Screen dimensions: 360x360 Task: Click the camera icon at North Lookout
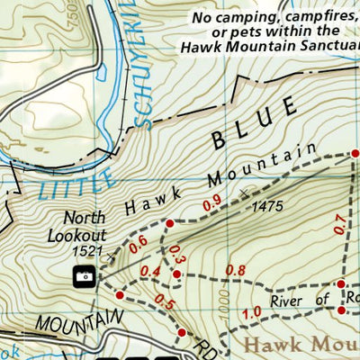pyautogui.click(x=85, y=276)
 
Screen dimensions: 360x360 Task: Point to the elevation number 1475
pyautogui.click(x=267, y=206)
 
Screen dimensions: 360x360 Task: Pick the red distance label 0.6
pyautogui.click(x=138, y=243)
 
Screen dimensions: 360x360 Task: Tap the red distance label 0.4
pyautogui.click(x=150, y=273)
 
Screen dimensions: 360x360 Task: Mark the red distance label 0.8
pyautogui.click(x=235, y=270)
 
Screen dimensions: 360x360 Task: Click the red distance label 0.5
pyautogui.click(x=164, y=301)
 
